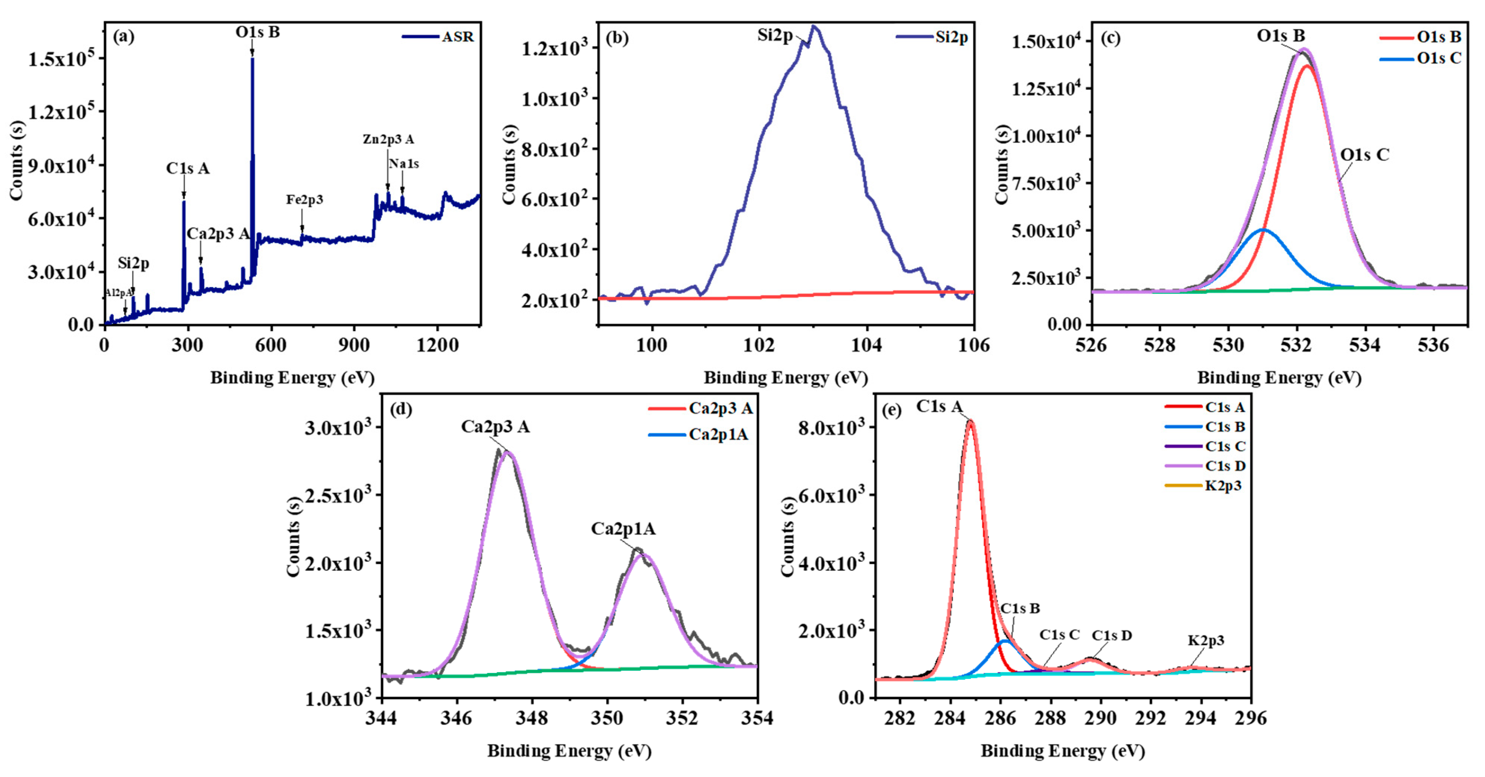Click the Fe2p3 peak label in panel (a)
click(304, 199)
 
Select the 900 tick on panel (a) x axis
click(354, 345)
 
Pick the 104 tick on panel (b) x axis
click(867, 345)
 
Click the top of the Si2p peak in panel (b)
click(814, 27)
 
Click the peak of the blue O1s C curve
click(1263, 230)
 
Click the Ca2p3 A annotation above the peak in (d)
click(495, 427)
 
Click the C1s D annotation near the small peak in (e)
click(1111, 635)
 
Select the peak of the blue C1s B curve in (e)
click(1005, 640)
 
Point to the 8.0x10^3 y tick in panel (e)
click(831, 428)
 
